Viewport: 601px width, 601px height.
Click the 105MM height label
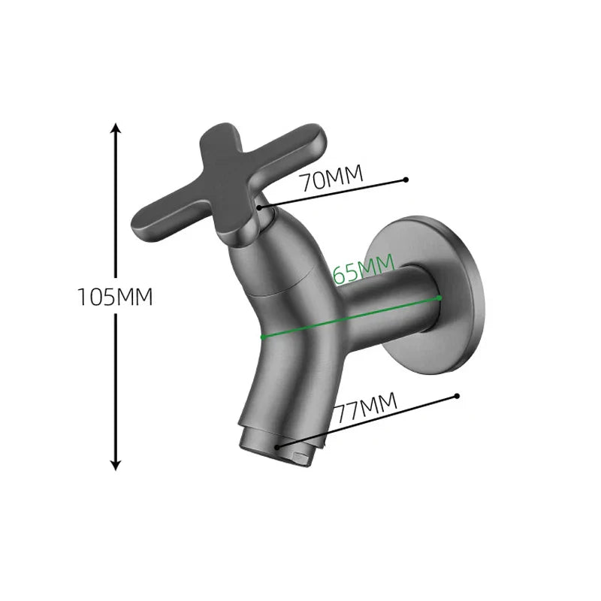coord(116,297)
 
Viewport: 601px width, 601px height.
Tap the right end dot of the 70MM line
coord(406,180)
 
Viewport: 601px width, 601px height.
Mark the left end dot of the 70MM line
coord(258,206)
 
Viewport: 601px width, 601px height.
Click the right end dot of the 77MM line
coord(456,394)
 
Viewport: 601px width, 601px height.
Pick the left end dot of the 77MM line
coord(279,447)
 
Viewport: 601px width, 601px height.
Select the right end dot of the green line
coord(439,298)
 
